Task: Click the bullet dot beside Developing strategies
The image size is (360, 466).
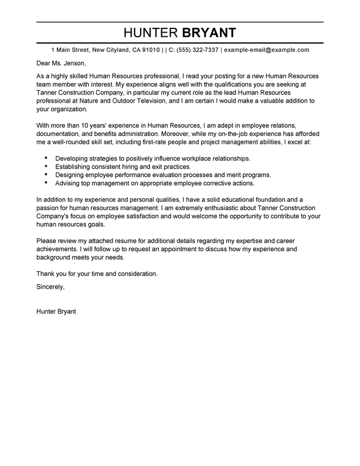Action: click(x=46, y=159)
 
